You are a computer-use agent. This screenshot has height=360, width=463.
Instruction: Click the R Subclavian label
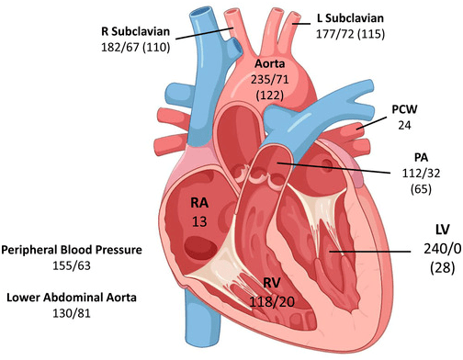[x=135, y=31]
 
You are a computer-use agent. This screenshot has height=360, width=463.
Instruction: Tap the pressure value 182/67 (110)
[x=135, y=48]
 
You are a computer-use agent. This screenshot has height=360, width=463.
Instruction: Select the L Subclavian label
[x=350, y=18]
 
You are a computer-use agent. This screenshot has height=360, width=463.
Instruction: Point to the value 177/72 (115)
[x=350, y=34]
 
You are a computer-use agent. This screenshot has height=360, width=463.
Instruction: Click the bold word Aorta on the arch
[x=270, y=63]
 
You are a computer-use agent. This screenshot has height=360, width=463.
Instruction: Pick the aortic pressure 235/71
[x=270, y=80]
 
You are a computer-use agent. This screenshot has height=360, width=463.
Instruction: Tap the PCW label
[x=404, y=109]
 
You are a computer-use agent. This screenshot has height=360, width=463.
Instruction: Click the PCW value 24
[x=404, y=125]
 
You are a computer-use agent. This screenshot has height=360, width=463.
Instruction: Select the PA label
[x=421, y=158]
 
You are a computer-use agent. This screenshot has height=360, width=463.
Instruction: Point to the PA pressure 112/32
[x=421, y=174]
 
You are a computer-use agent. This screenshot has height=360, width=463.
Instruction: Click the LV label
[x=443, y=230]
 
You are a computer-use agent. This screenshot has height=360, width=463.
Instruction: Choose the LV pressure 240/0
[x=443, y=249]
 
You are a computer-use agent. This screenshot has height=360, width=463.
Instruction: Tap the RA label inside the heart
[x=199, y=203]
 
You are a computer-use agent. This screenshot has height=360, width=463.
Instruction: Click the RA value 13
[x=199, y=221]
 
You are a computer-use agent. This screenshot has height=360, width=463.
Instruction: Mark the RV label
[x=272, y=283]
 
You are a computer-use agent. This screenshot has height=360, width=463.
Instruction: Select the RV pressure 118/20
[x=272, y=302]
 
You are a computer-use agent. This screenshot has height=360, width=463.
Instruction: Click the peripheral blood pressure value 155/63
[x=72, y=265]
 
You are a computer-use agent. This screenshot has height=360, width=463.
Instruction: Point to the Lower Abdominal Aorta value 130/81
[x=72, y=313]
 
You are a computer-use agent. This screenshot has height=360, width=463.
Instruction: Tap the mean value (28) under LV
[x=443, y=268]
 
